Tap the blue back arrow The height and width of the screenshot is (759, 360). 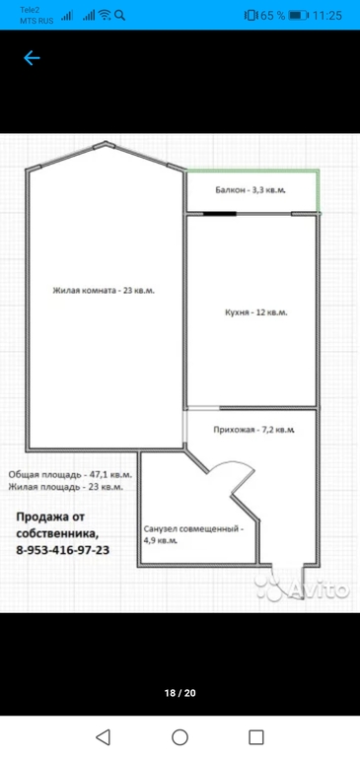point(32,58)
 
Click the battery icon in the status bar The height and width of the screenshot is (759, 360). point(298,16)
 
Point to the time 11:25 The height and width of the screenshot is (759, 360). point(327,16)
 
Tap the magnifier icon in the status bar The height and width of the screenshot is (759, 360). point(119,16)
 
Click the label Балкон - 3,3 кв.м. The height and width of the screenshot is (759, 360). point(251,190)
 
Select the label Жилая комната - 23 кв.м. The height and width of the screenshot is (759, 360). point(104,291)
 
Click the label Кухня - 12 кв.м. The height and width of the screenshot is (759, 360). point(256,312)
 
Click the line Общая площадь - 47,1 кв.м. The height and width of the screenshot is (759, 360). point(70,475)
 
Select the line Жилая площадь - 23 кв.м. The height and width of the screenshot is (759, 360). point(65,487)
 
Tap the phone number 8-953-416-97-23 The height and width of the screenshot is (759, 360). point(62,550)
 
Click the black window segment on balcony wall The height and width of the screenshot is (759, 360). point(220,214)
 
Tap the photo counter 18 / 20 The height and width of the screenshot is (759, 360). point(180,693)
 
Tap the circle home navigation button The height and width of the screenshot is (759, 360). point(180,737)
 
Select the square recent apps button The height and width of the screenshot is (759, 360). point(255,737)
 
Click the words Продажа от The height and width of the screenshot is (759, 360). point(50,517)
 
